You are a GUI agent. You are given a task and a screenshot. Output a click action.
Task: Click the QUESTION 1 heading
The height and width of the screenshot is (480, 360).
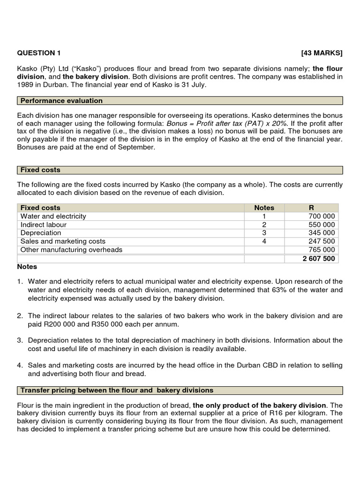(39, 53)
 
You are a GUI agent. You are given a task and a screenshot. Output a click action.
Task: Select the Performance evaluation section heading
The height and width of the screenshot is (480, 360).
(61, 101)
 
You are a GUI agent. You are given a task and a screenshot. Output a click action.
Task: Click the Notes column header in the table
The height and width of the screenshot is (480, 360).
(264, 208)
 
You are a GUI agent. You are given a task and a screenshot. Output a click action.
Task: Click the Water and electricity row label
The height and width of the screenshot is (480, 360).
(53, 216)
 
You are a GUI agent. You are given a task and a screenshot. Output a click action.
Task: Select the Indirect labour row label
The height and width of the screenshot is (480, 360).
(44, 225)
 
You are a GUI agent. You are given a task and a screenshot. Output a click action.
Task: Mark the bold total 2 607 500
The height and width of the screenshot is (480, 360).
(318, 258)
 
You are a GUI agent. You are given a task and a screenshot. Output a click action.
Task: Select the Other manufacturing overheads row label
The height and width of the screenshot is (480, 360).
(71, 250)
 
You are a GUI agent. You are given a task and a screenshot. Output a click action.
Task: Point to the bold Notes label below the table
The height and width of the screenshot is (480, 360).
(27, 267)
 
